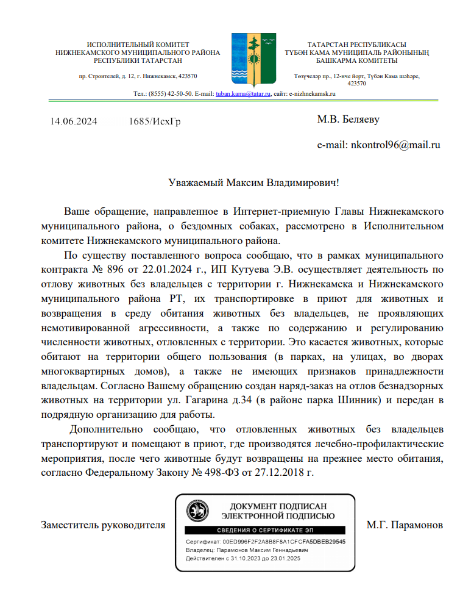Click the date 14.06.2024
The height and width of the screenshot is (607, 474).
click(x=74, y=121)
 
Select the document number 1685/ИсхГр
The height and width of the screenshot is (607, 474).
click(x=155, y=121)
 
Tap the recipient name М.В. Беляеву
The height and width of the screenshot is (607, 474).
click(x=348, y=119)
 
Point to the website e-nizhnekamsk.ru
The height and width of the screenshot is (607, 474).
click(x=313, y=94)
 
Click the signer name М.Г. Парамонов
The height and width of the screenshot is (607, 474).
click(x=405, y=524)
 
